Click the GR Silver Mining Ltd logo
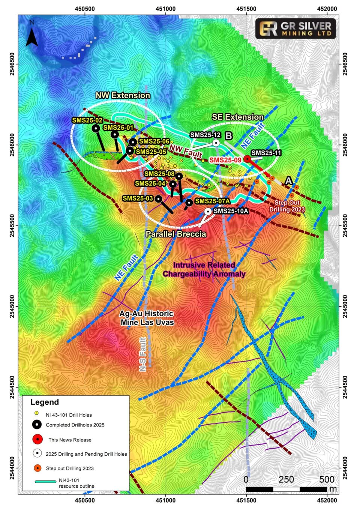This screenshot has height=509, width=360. (295, 29)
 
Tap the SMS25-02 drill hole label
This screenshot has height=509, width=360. (87, 120)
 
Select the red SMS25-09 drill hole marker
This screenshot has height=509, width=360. (247, 159)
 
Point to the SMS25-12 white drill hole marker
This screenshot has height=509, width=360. (216, 143)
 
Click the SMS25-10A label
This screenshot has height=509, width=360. (231, 211)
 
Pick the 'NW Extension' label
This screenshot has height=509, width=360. (123, 95)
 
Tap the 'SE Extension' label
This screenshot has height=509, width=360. (238, 117)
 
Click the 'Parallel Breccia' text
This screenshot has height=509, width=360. (176, 234)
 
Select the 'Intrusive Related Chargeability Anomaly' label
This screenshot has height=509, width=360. (204, 270)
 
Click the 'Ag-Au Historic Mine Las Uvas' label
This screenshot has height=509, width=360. (147, 318)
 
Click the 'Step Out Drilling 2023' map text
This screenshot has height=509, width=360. (287, 206)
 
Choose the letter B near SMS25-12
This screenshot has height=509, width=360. (229, 136)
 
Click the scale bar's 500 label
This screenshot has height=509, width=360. (327, 479)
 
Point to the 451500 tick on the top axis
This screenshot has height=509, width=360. (246, 9)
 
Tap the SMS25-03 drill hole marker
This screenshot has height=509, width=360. (159, 199)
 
